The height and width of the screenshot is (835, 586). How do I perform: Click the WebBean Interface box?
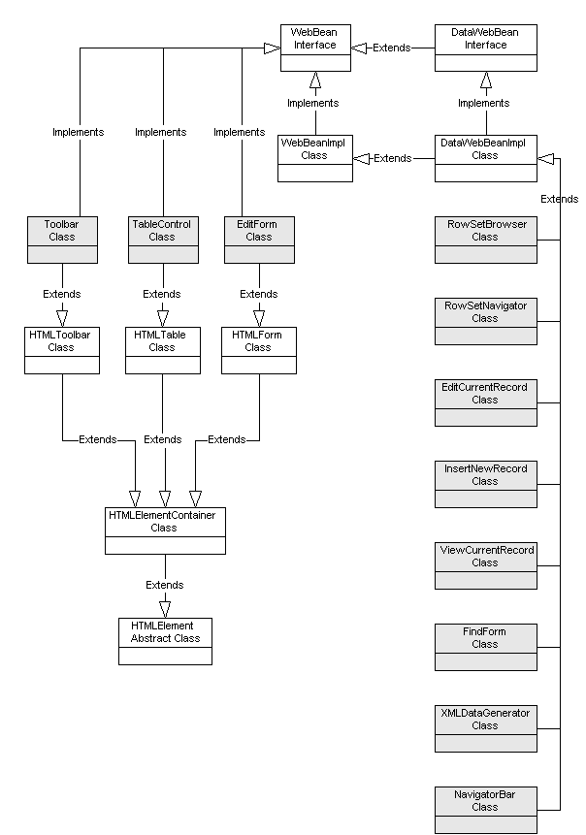click(x=314, y=48)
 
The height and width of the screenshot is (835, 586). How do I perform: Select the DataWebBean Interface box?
click(x=485, y=48)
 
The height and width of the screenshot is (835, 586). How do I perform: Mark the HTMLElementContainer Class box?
click(x=164, y=530)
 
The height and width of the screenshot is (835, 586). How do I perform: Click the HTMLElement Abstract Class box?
click(x=165, y=640)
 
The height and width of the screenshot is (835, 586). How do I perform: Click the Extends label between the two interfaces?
click(x=391, y=48)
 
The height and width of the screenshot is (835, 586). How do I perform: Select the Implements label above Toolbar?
click(x=78, y=132)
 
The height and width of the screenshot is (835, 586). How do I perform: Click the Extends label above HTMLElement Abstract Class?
click(x=165, y=585)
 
